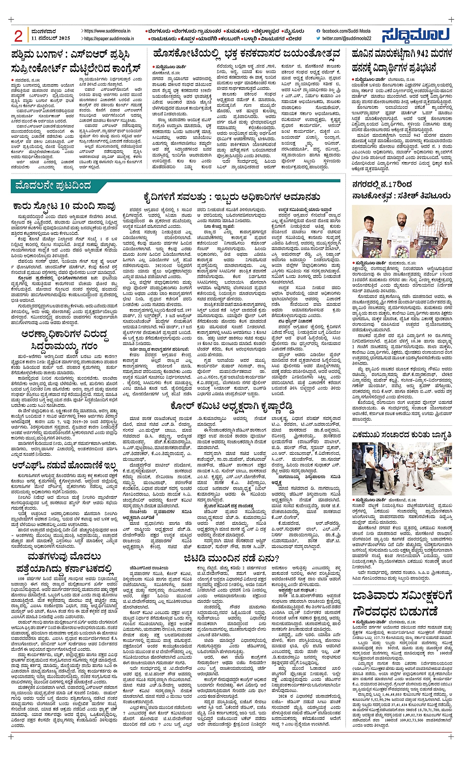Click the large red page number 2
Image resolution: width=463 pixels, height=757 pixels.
click(19, 36)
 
